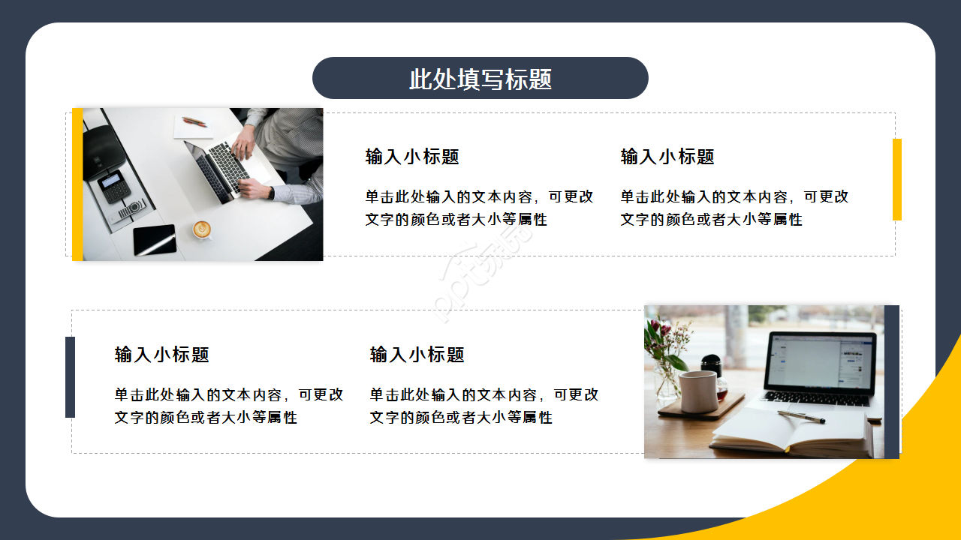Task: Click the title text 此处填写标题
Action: [480, 79]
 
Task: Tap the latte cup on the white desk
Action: [201, 229]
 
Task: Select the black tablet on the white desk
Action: [155, 239]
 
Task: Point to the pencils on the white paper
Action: [194, 121]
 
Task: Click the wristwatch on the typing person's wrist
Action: [270, 192]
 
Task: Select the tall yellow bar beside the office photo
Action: [77, 184]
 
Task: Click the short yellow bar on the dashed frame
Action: [896, 179]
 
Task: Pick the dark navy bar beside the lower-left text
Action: [70, 376]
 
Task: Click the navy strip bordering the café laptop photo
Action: [891, 381]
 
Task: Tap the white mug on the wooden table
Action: [698, 391]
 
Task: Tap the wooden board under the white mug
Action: [701, 411]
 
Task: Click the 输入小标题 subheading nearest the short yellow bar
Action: [667, 157]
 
